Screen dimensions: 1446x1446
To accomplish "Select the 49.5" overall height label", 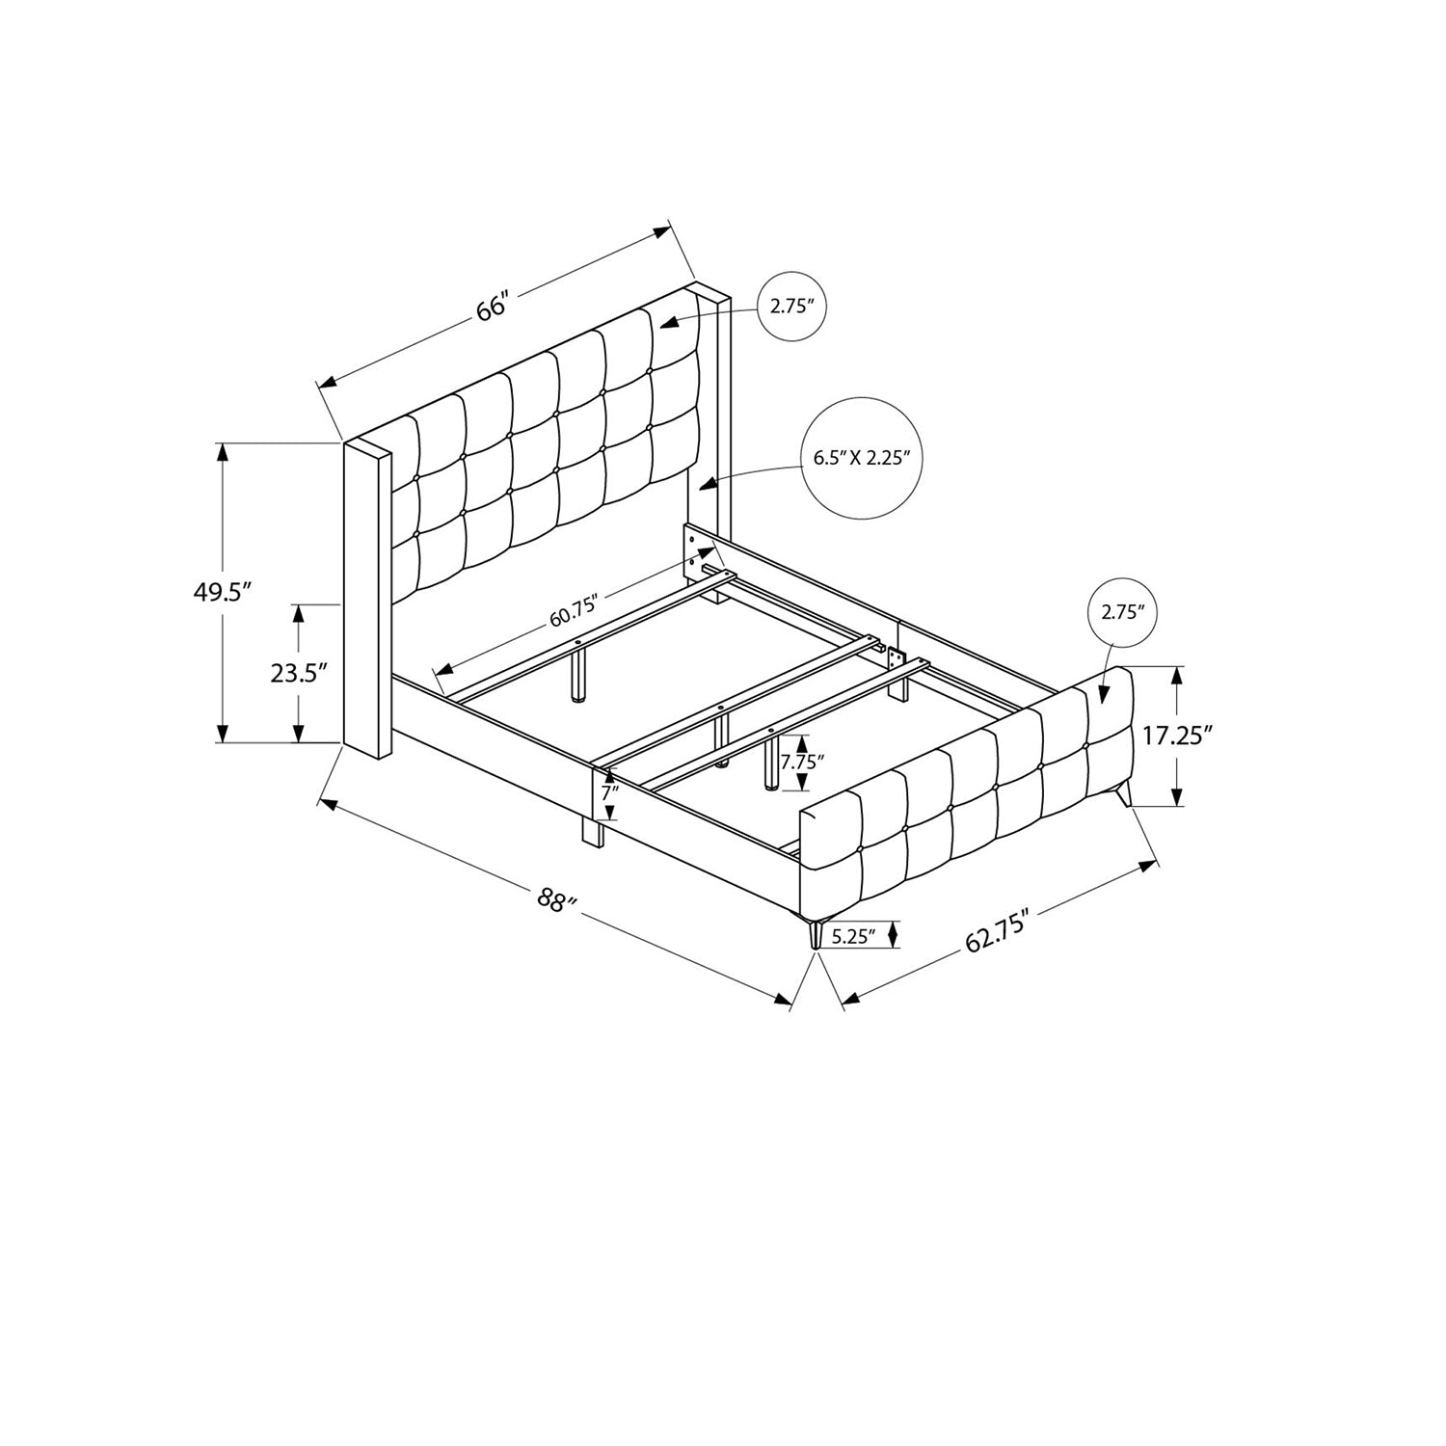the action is (x=223, y=593).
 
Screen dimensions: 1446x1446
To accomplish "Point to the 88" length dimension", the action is (x=557, y=901).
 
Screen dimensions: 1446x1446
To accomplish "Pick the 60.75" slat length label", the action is (x=575, y=612).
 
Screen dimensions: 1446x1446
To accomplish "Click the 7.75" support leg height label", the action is (x=802, y=761).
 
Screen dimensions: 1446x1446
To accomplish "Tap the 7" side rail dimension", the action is (x=609, y=793).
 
